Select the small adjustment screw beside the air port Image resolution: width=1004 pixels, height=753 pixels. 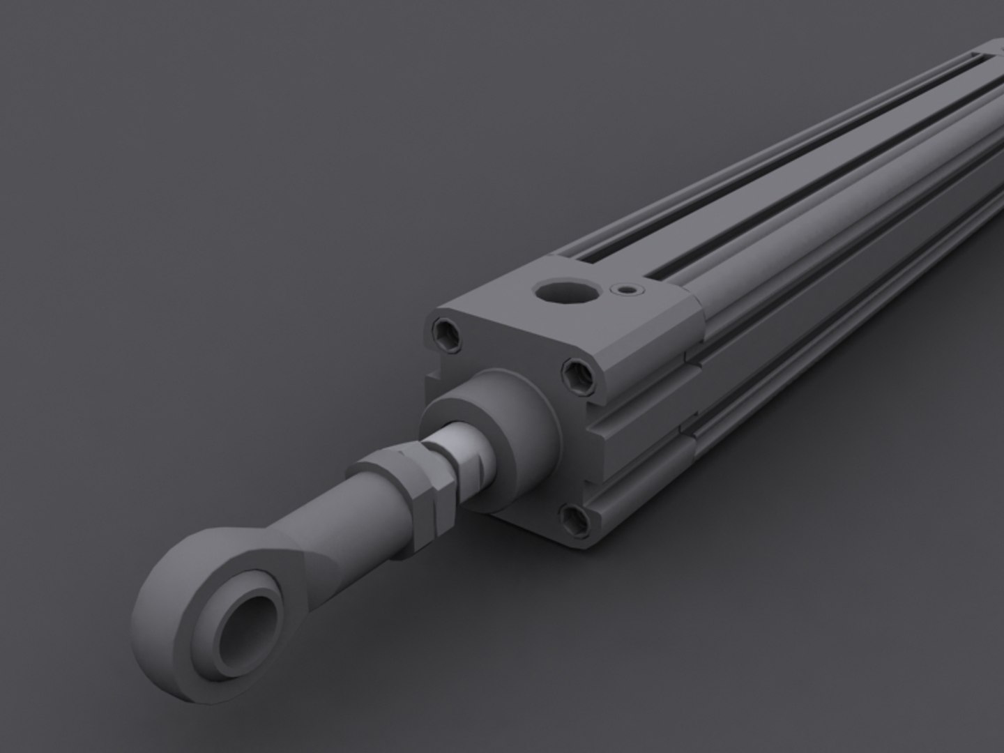point(627,289)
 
